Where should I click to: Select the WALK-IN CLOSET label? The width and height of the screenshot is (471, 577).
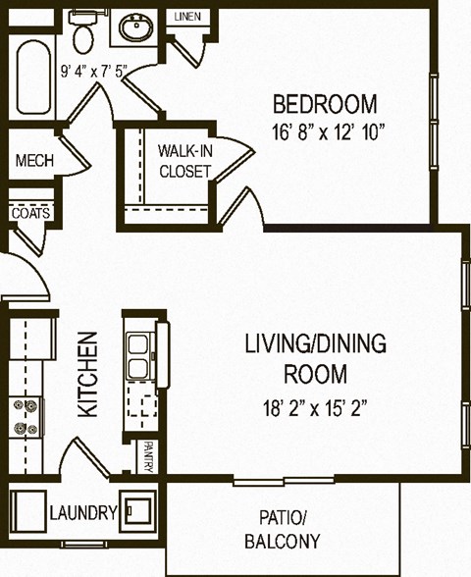coord(184,161)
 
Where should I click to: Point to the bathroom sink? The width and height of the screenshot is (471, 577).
coord(136,27)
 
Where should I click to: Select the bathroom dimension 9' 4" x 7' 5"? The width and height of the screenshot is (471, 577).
coord(94,71)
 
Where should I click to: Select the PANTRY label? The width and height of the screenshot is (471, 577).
coord(147,457)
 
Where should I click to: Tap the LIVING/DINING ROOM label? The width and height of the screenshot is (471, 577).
coord(314,358)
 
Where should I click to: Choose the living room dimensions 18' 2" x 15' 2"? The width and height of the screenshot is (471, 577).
coord(314,406)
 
